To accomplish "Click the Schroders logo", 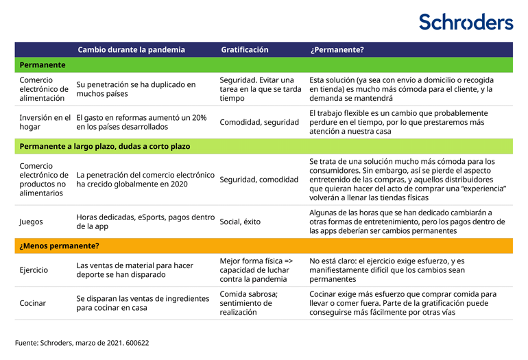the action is [x=466, y=22].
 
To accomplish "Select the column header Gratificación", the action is [x=244, y=50].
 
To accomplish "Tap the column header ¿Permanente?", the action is [x=337, y=50].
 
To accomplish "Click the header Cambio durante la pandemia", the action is [x=131, y=50].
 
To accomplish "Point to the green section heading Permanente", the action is [x=43, y=65].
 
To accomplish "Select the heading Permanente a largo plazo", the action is [x=104, y=146].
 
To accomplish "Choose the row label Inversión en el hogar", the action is [x=45, y=122].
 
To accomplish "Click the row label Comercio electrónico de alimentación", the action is [x=44, y=89].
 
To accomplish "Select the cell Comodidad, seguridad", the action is [x=259, y=122].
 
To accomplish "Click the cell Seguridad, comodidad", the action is [x=259, y=180].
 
